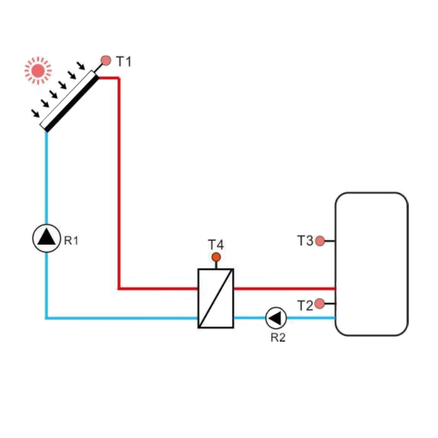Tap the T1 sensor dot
pyautogui.click(x=106, y=60)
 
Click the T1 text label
pyautogui.click(x=124, y=61)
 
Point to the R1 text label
pyautogui.click(x=71, y=239)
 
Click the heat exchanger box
pyautogui.click(x=215, y=298)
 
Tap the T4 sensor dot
pyautogui.click(x=216, y=257)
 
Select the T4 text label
pyautogui.click(x=216, y=244)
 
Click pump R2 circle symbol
pyautogui.click(x=276, y=318)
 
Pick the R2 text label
pyautogui.click(x=278, y=338)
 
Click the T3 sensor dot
pyautogui.click(x=320, y=241)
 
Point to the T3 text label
pyautogui.click(x=305, y=241)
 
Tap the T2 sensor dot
pyautogui.click(x=319, y=304)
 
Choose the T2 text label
pyautogui.click(x=305, y=305)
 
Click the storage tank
pyautogui.click(x=371, y=264)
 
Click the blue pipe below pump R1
pyautogui.click(x=46, y=286)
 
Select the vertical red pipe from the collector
pyautogui.click(x=119, y=181)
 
